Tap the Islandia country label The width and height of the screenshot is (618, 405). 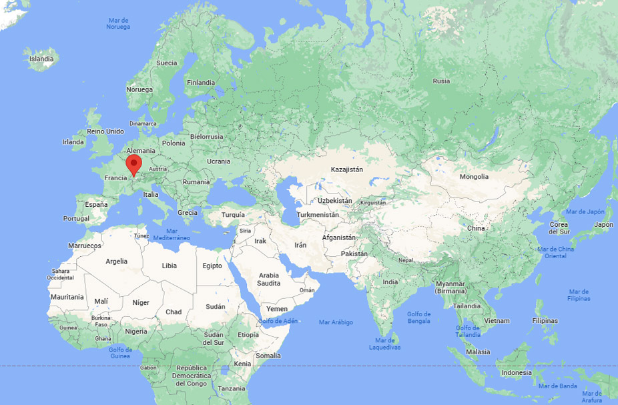point(41,59)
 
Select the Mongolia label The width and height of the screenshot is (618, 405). point(474,177)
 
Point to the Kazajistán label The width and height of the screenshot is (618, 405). point(347,169)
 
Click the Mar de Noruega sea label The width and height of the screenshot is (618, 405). point(118,23)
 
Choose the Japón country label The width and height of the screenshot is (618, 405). point(603,224)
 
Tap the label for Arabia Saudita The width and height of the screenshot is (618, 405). point(269,279)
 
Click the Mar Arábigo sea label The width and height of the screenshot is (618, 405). point(336,322)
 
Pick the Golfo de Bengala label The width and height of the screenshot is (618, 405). point(418,318)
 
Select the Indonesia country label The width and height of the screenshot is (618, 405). point(517,372)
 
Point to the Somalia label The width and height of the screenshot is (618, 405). point(268,356)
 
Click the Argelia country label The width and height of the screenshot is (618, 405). point(116,262)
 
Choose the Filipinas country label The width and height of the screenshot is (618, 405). point(545,320)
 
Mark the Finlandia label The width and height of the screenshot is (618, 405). point(201,82)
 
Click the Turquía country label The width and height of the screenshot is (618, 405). point(233,215)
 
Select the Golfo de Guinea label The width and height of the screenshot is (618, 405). point(120,352)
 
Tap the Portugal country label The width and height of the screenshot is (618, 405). point(76,218)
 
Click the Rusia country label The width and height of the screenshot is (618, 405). point(441,81)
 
